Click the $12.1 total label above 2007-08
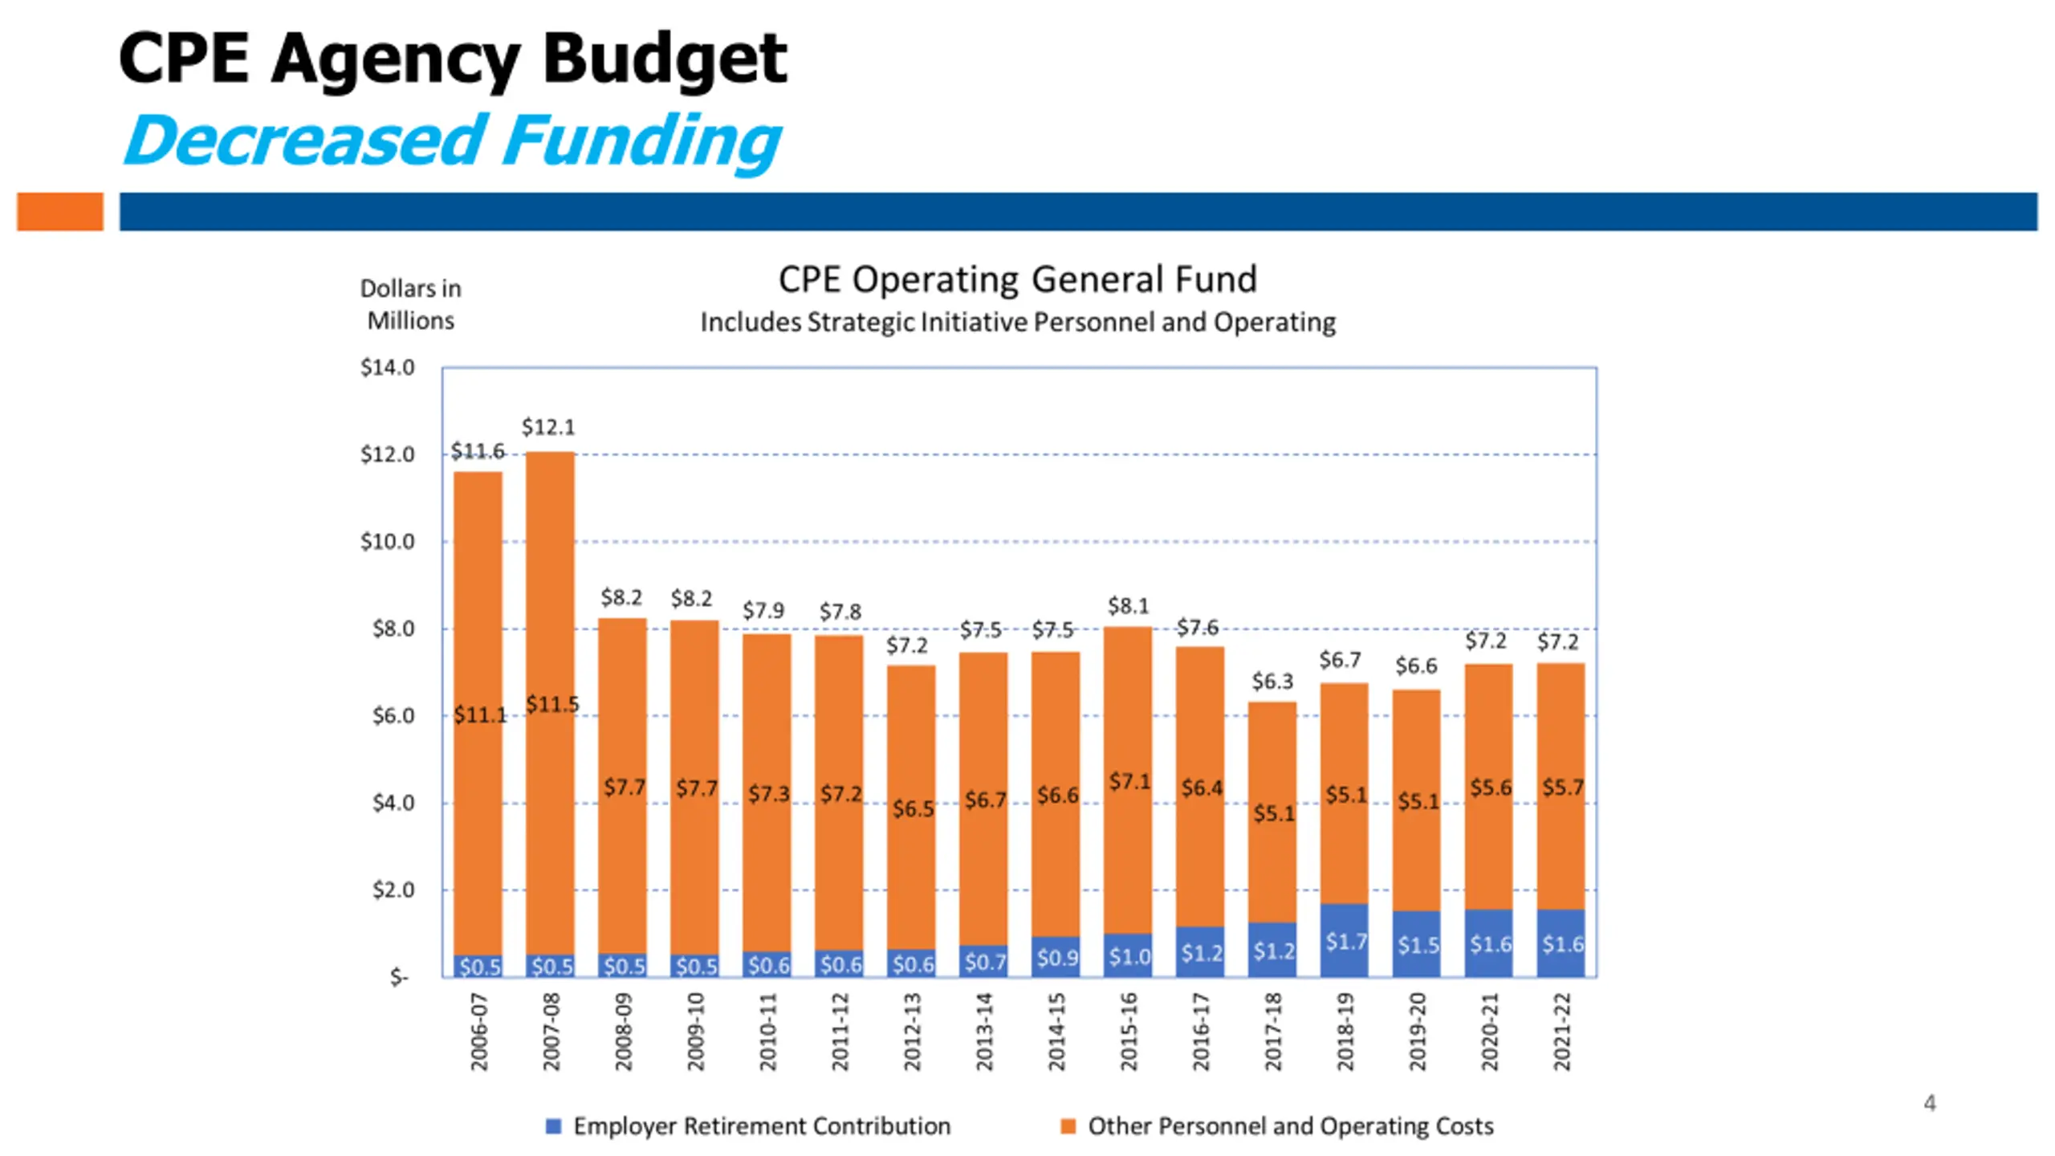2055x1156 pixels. click(x=548, y=427)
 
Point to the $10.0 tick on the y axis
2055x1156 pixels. click(x=387, y=542)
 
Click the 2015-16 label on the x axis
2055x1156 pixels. click(x=1129, y=1032)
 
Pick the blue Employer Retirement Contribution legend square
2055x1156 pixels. click(x=553, y=1126)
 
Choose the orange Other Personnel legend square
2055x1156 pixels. click(x=1068, y=1126)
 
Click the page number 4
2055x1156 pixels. click(x=1929, y=1103)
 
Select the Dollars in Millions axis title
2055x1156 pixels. click(x=410, y=304)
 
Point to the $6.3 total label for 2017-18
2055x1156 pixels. click(x=1272, y=682)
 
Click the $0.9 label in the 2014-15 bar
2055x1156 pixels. click(x=1057, y=958)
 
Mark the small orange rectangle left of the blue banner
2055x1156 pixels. click(x=60, y=212)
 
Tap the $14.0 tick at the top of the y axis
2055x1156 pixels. click(x=387, y=368)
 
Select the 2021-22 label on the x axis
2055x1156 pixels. click(x=1561, y=1032)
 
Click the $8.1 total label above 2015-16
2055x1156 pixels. click(x=1128, y=606)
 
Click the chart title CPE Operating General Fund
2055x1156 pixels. click(x=1017, y=279)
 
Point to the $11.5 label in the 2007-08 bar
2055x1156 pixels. click(x=552, y=705)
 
